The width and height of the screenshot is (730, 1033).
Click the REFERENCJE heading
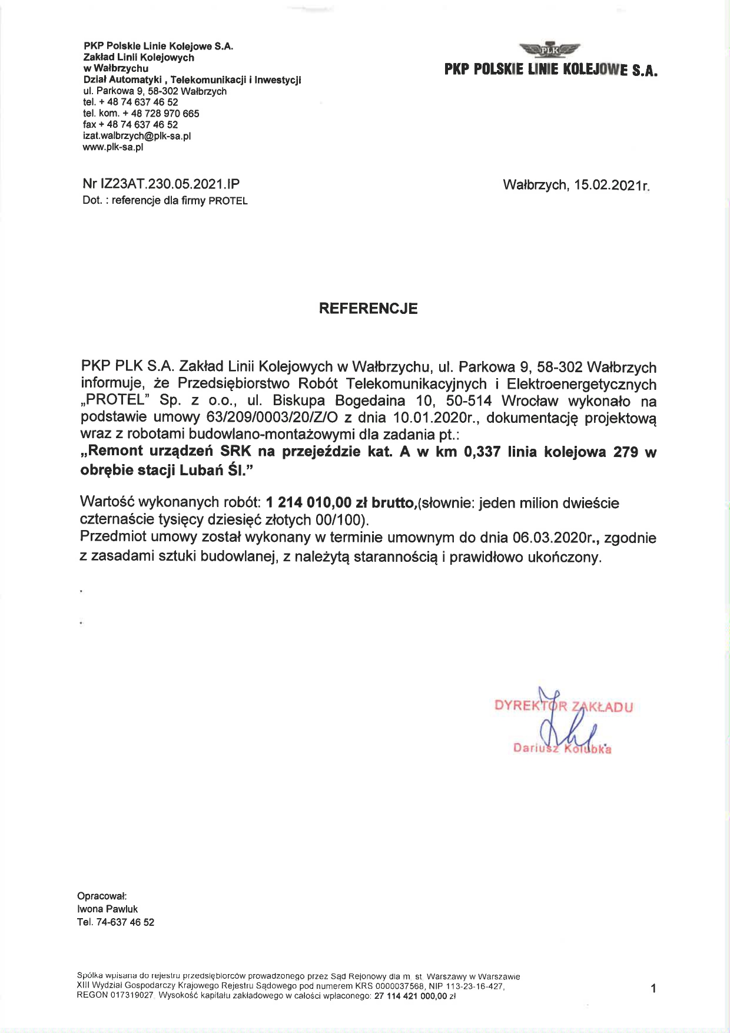click(x=368, y=309)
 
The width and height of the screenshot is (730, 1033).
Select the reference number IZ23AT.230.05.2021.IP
click(x=171, y=184)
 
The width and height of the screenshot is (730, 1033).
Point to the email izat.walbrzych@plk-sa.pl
click(x=137, y=136)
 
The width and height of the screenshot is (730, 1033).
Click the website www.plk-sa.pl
click(x=113, y=147)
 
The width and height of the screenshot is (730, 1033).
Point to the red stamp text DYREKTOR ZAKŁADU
click(x=564, y=707)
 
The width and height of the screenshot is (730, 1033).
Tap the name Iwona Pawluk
click(x=107, y=909)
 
